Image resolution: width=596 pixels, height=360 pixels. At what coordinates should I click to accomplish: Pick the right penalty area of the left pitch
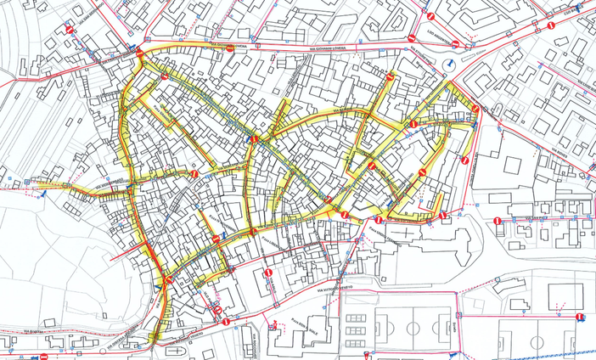point(443,327)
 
